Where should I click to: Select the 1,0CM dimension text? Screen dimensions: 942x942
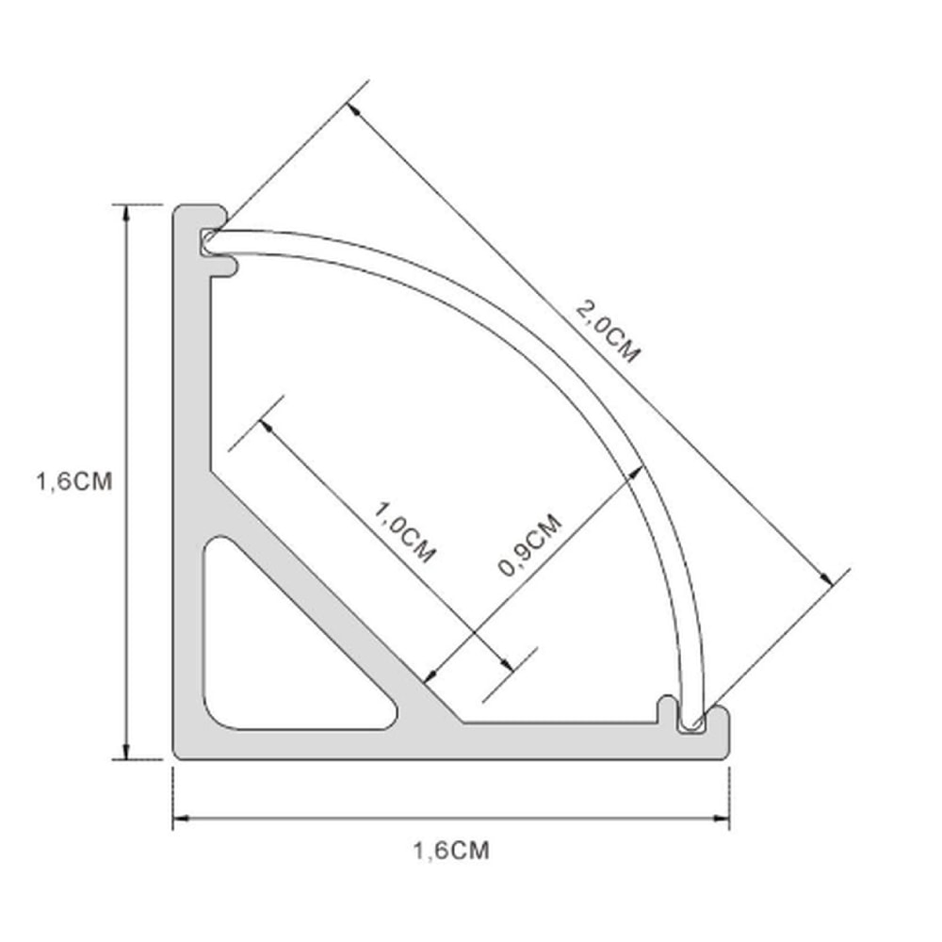tap(405, 532)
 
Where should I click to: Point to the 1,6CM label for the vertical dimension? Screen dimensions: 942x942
tap(73, 481)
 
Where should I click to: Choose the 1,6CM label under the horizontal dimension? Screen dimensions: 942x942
tap(451, 851)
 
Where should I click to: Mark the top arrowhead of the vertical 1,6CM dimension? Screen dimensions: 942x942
tap(125, 212)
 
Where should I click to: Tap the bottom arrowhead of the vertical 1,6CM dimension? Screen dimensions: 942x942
tap(125, 751)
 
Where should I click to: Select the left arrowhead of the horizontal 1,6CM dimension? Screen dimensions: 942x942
tap(181, 818)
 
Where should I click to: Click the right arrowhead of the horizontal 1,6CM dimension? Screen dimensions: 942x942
tap(722, 818)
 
